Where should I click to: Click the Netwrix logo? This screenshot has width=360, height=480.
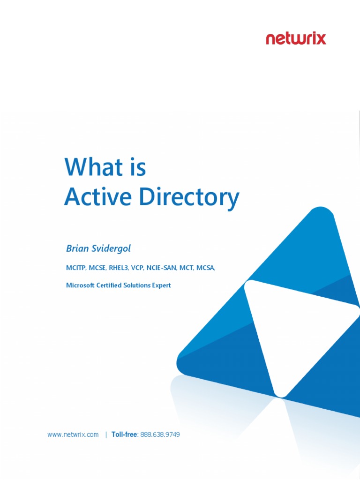click(296, 38)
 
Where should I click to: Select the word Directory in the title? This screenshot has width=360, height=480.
click(189, 198)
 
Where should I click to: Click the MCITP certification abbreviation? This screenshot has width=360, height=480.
click(75, 268)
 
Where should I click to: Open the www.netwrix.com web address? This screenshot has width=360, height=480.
click(73, 435)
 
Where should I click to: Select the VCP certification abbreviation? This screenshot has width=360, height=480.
click(138, 268)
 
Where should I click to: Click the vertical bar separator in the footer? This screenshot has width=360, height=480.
click(106, 435)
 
